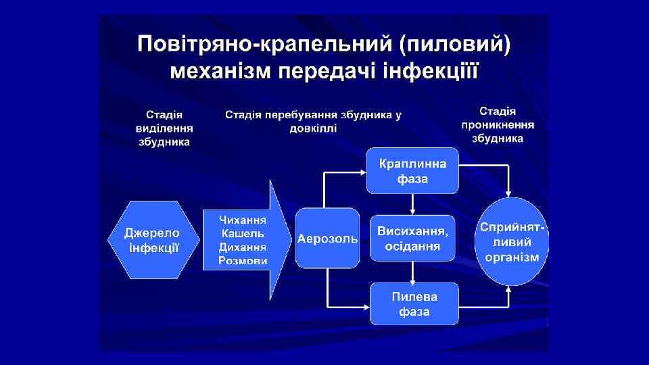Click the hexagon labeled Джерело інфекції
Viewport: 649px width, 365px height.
tap(154, 240)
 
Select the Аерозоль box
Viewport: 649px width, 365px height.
tap(327, 240)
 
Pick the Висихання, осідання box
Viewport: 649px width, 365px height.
tap(412, 239)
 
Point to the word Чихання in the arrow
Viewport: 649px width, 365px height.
tap(243, 220)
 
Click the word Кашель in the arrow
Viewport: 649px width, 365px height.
tap(243, 234)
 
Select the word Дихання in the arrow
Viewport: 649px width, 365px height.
tap(243, 247)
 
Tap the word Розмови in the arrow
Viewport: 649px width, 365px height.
tap(243, 261)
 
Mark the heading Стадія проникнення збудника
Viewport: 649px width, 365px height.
tap(498, 124)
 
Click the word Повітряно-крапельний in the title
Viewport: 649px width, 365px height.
tap(263, 46)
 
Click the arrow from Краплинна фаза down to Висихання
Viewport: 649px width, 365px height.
tap(412, 203)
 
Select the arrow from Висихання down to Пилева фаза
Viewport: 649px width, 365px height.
tap(412, 272)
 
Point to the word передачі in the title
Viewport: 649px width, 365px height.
tap(329, 70)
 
